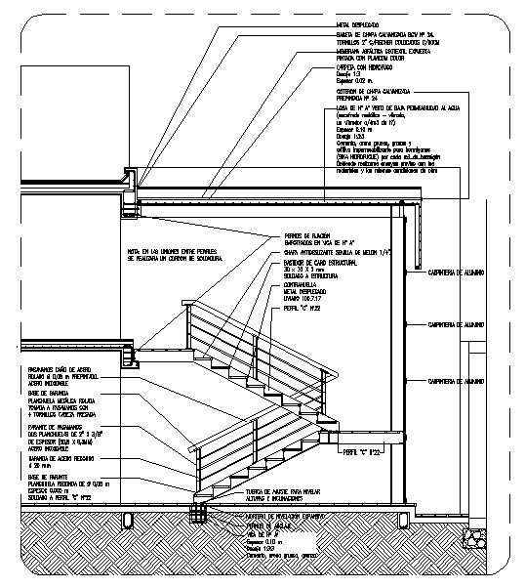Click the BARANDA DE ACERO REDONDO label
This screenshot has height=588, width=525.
point(54,456)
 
